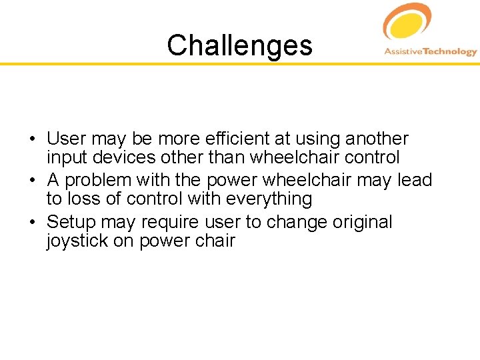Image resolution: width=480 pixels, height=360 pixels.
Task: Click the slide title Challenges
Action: click(x=239, y=45)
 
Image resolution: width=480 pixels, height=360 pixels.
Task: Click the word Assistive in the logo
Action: click(x=405, y=52)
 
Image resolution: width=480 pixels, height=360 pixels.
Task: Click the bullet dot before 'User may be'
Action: click(x=32, y=140)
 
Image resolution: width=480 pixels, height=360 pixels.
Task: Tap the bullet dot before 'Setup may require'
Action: click(x=32, y=223)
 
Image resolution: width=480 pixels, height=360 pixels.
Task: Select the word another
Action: click(x=377, y=139)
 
